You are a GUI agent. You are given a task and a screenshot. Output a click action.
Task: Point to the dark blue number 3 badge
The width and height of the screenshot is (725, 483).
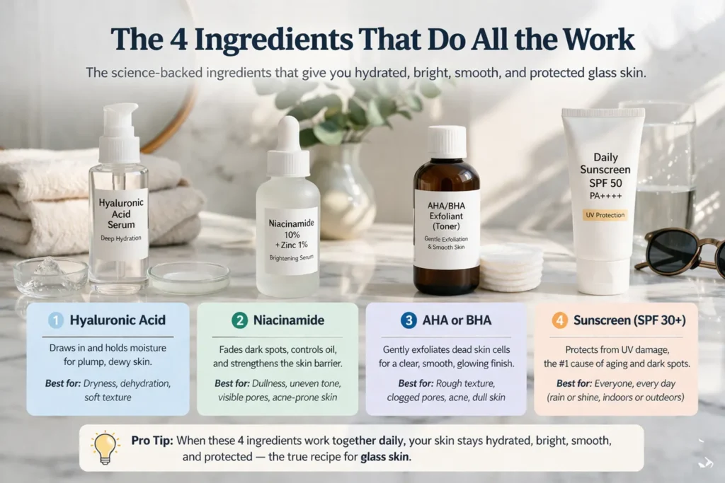pos(409,320)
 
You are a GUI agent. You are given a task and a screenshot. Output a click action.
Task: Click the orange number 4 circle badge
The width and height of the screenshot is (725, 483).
pos(560,320)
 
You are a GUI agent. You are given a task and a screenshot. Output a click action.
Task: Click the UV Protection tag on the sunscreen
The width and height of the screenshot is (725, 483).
pos(603,214)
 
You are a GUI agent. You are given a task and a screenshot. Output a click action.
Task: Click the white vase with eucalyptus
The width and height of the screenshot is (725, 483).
pos(343,191)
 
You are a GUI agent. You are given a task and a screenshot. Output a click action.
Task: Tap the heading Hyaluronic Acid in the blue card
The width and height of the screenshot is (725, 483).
pos(117,320)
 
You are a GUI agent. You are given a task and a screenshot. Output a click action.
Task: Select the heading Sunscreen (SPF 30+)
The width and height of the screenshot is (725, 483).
pos(629,320)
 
